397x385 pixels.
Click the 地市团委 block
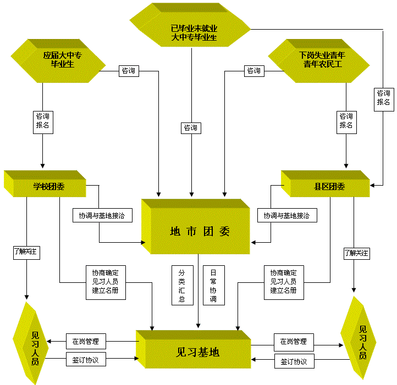pyautogui.click(x=196, y=226)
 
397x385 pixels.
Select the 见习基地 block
pyautogui.click(x=194, y=349)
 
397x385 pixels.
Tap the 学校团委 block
pyautogui.click(x=45, y=183)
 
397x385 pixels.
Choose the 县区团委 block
pyautogui.click(x=326, y=183)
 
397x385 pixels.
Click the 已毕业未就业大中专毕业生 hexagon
pyautogui.click(x=190, y=25)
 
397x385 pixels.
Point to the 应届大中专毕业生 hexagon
pyautogui.click(x=58, y=61)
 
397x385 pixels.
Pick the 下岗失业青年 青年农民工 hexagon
pyautogui.click(x=319, y=61)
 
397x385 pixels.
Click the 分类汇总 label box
pyautogui.click(x=183, y=286)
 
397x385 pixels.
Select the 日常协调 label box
pyautogui.click(x=214, y=286)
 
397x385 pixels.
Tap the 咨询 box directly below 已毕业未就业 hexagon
pyautogui.click(x=191, y=128)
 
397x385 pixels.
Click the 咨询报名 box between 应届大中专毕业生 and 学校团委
pyautogui.click(x=43, y=122)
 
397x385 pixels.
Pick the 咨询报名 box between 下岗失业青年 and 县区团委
pyautogui.click(x=346, y=122)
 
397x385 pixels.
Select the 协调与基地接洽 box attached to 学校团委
pyautogui.click(x=102, y=215)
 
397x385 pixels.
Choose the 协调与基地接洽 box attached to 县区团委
pyautogui.click(x=287, y=215)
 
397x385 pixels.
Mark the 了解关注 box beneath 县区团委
pyautogui.click(x=357, y=253)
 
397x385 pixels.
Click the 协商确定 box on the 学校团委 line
pyautogui.click(x=106, y=282)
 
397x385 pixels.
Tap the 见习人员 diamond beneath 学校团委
pyautogui.click(x=31, y=343)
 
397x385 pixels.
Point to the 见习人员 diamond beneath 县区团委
pyautogui.click(x=359, y=338)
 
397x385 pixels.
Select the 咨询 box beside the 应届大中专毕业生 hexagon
pyautogui.click(x=129, y=71)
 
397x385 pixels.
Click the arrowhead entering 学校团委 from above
pyautogui.click(x=42, y=166)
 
